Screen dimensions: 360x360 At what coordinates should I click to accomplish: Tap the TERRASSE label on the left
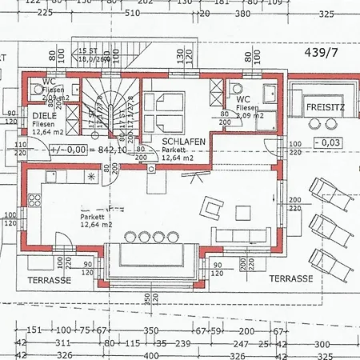50,280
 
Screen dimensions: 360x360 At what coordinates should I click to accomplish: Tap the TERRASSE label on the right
290,278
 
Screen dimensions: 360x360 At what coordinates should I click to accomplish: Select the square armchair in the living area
212,207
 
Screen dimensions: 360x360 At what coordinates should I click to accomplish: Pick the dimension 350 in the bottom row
151,330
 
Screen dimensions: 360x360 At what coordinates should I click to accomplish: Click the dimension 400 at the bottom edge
150,354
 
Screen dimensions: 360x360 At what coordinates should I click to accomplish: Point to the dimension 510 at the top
132,13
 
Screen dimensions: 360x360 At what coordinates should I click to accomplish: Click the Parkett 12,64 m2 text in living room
94,221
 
